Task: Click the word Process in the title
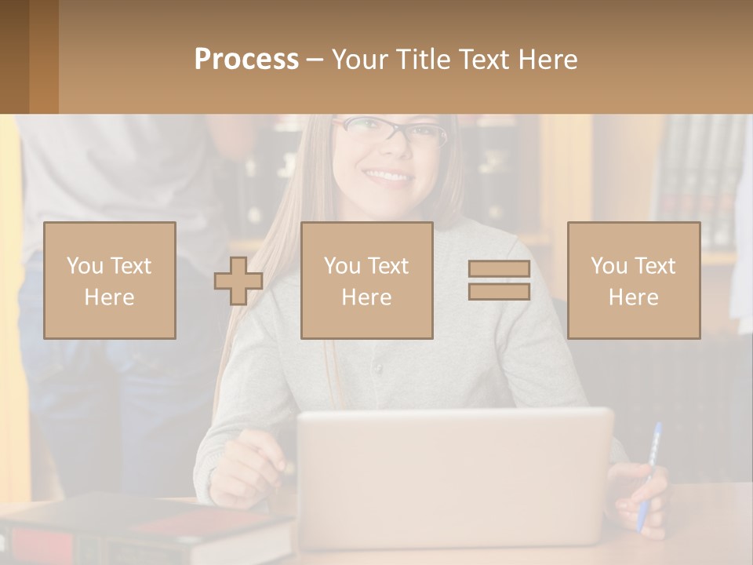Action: (246, 60)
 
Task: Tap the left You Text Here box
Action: (110, 280)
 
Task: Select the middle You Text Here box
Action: (367, 280)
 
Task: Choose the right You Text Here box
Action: (634, 280)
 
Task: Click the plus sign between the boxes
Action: (238, 281)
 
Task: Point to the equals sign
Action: (499, 280)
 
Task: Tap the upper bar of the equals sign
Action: (499, 269)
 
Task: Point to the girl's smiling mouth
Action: (388, 176)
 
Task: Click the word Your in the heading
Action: (358, 60)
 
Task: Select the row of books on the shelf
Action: (698, 180)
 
